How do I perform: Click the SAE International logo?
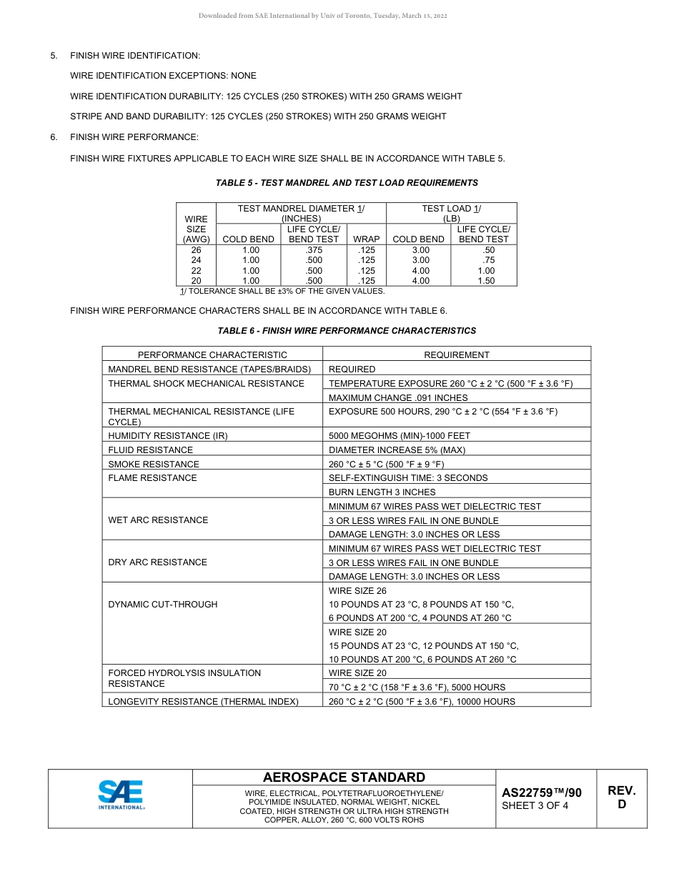[121, 795]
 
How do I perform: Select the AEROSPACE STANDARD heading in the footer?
[344, 778]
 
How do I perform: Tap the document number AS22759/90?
[542, 793]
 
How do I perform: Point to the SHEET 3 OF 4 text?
[535, 806]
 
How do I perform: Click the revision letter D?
[621, 804]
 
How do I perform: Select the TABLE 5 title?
[347, 183]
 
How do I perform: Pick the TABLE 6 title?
[347, 331]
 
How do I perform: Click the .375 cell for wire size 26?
[313, 250]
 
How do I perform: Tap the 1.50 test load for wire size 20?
[486, 281]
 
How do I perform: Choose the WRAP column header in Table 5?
[367, 239]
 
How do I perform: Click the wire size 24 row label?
[196, 261]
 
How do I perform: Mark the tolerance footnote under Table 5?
[282, 291]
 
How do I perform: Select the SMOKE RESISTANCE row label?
[154, 464]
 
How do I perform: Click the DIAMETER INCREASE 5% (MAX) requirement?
[397, 450]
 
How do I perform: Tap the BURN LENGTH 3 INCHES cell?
[382, 492]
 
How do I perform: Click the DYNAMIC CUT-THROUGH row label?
[162, 605]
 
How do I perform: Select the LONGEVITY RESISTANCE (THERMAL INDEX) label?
[203, 702]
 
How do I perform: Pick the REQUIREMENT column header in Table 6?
[457, 354]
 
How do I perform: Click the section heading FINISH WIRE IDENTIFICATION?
[135, 56]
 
